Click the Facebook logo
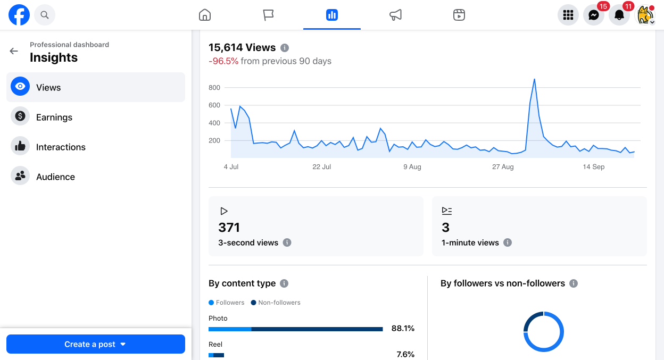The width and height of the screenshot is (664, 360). pyautogui.click(x=19, y=15)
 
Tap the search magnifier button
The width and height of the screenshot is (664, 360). pyautogui.click(x=45, y=15)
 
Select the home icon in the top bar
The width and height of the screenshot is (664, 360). pyautogui.click(x=205, y=15)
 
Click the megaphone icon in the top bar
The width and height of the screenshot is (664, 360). pyautogui.click(x=395, y=15)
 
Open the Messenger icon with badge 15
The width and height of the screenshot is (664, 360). pyautogui.click(x=594, y=15)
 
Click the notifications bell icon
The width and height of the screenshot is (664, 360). pyautogui.click(x=619, y=15)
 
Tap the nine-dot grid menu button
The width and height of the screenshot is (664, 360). pyautogui.click(x=568, y=15)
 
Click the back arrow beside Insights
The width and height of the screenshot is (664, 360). pyautogui.click(x=14, y=51)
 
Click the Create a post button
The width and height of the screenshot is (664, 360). pyautogui.click(x=96, y=344)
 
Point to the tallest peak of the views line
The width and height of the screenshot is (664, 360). pyautogui.click(x=535, y=79)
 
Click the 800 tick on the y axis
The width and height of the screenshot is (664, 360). pyautogui.click(x=214, y=87)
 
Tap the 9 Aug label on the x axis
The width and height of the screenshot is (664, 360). pyautogui.click(x=412, y=167)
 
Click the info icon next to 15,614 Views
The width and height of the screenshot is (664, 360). pyautogui.click(x=285, y=48)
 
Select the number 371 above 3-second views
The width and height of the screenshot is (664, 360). pyautogui.click(x=229, y=228)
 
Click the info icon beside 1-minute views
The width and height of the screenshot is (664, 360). pyautogui.click(x=508, y=242)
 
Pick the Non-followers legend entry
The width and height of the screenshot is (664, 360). pyautogui.click(x=276, y=303)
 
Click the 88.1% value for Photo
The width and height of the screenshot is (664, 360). pyautogui.click(x=403, y=328)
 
